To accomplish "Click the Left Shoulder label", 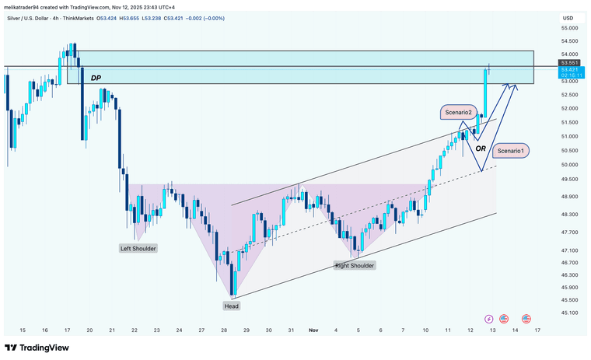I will click(x=138, y=249).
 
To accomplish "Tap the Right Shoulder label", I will click(x=355, y=266).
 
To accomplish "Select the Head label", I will click(x=232, y=306).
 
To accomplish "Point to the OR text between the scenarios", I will click(x=481, y=148).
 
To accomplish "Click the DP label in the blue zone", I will click(x=96, y=78).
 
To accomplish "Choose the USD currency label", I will click(x=568, y=18).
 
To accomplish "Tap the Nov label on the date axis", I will click(x=313, y=330).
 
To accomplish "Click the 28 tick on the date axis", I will click(x=223, y=330).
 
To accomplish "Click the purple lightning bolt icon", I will click(x=488, y=318).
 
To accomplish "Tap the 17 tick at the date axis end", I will click(x=537, y=330).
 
